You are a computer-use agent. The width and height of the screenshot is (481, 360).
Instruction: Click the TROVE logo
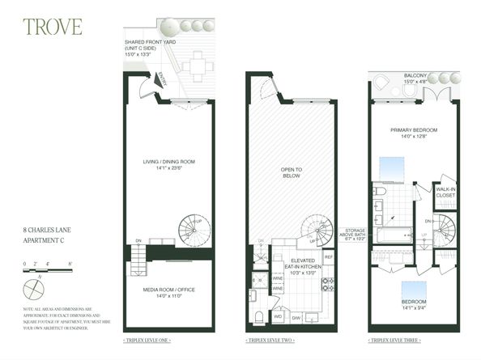tap(53, 27)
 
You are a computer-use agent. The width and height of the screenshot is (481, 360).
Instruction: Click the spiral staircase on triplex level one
tap(194, 230)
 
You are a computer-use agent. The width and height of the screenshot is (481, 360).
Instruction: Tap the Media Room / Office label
tap(168, 292)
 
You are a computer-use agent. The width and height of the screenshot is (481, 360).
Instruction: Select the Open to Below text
tap(291, 172)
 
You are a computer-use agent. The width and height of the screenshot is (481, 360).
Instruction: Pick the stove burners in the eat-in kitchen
tap(328, 284)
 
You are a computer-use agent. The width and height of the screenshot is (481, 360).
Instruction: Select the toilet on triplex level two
tap(258, 315)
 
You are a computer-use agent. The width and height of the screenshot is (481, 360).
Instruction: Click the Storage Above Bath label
tap(355, 235)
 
